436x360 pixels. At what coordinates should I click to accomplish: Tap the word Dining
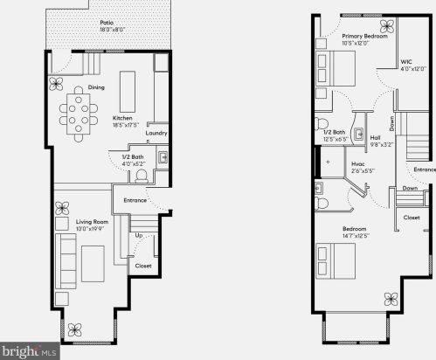pos(97,87)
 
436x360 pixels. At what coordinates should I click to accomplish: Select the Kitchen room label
pos(122,118)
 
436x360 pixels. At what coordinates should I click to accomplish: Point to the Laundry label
pos(157,134)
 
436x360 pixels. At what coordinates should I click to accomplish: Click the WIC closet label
pos(406,62)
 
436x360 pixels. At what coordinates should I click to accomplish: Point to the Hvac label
pos(358,163)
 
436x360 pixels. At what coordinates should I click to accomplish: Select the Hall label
pos(374,137)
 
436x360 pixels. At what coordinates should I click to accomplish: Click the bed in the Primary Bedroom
pos(336,66)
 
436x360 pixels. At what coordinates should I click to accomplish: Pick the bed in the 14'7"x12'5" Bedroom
pos(336,259)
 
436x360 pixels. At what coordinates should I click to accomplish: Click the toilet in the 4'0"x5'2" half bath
pos(142,175)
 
